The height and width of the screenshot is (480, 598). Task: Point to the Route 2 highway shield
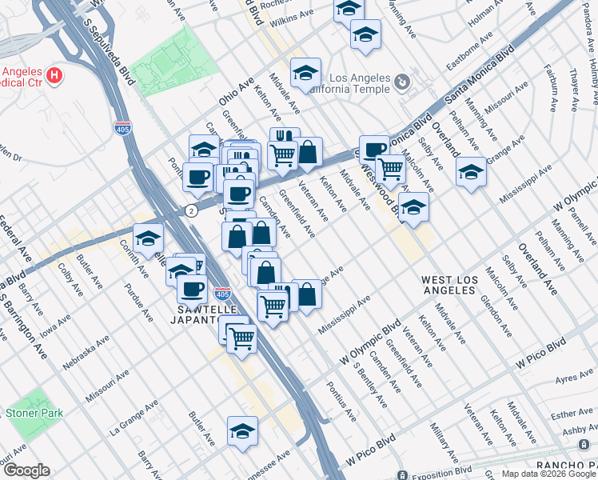point(191,210)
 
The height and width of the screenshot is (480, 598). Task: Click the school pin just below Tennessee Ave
point(242,432)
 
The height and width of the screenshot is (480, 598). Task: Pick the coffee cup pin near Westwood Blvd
point(373,149)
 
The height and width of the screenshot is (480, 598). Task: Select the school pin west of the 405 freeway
point(148,237)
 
